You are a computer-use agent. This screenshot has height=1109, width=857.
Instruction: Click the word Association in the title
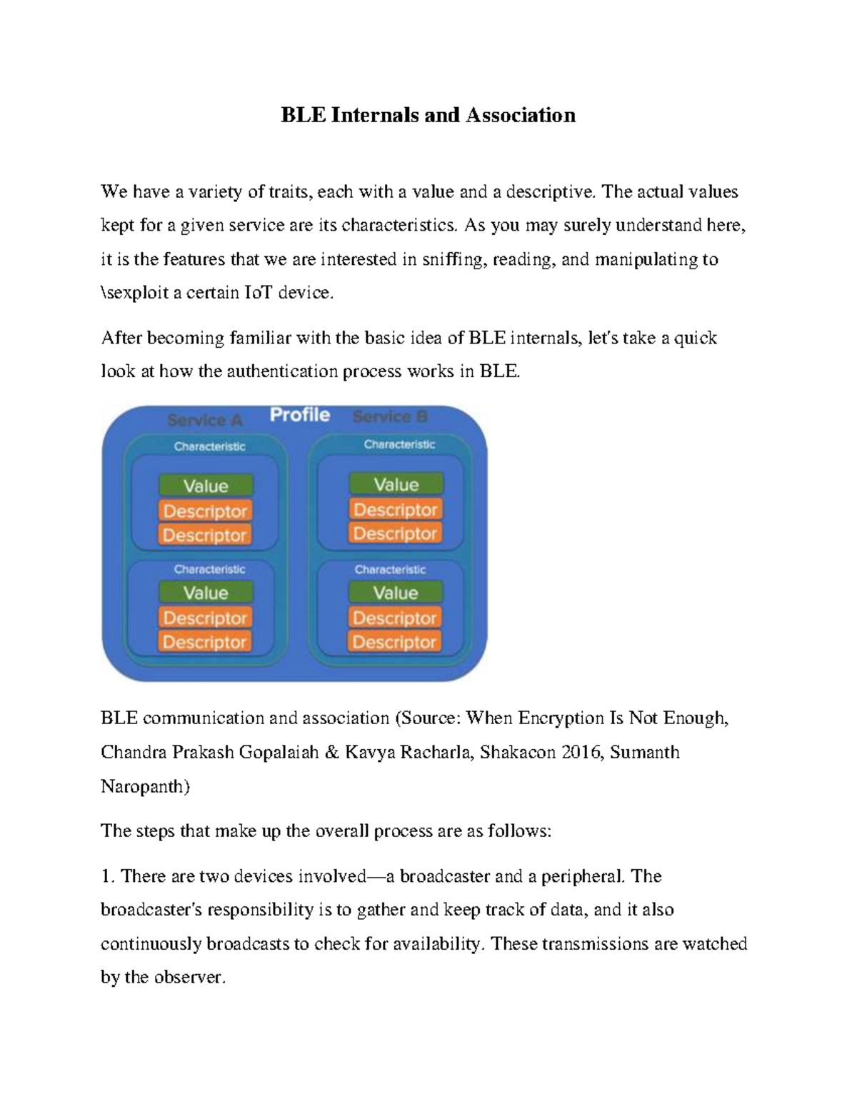pos(521,115)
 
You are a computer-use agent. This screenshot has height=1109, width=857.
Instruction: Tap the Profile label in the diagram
pos(300,415)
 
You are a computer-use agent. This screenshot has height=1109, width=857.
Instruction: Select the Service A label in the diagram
pos(205,420)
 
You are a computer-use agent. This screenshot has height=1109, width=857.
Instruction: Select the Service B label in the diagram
pos(390,417)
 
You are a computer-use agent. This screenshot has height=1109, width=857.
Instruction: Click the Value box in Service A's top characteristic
pos(206,486)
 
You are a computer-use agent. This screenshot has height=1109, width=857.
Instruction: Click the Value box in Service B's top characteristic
pos(396,485)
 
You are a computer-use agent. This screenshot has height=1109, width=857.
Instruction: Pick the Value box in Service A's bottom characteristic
pos(206,593)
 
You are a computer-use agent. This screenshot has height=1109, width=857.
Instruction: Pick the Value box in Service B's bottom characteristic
pos(396,593)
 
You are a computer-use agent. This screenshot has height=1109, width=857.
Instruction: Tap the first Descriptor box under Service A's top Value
pos(206,511)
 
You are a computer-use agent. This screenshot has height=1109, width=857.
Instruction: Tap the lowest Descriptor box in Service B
pos(395,642)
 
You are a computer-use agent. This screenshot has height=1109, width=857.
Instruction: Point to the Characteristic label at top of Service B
pos(399,444)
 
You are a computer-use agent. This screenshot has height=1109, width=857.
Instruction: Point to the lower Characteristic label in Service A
pos(209,569)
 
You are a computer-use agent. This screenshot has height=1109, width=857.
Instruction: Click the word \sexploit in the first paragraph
pos(134,293)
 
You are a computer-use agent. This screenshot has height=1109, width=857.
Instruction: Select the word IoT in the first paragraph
pos(259,293)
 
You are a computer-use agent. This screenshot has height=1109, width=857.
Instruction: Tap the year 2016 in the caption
pos(578,752)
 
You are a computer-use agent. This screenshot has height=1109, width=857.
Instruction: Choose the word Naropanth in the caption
pos(145,786)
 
